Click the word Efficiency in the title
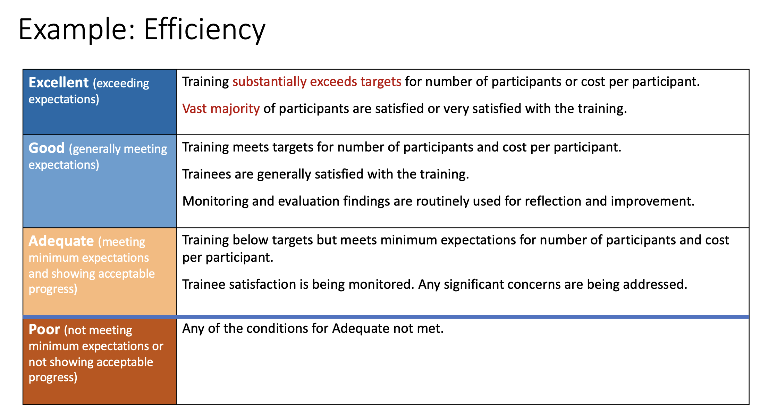click(205, 30)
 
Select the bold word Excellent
click(59, 83)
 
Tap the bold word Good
click(47, 148)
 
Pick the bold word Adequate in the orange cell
click(61, 241)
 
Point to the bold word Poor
click(44, 329)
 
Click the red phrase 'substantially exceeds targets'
click(317, 82)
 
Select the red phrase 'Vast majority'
click(221, 109)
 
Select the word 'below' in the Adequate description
click(248, 240)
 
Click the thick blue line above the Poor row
click(386, 317)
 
